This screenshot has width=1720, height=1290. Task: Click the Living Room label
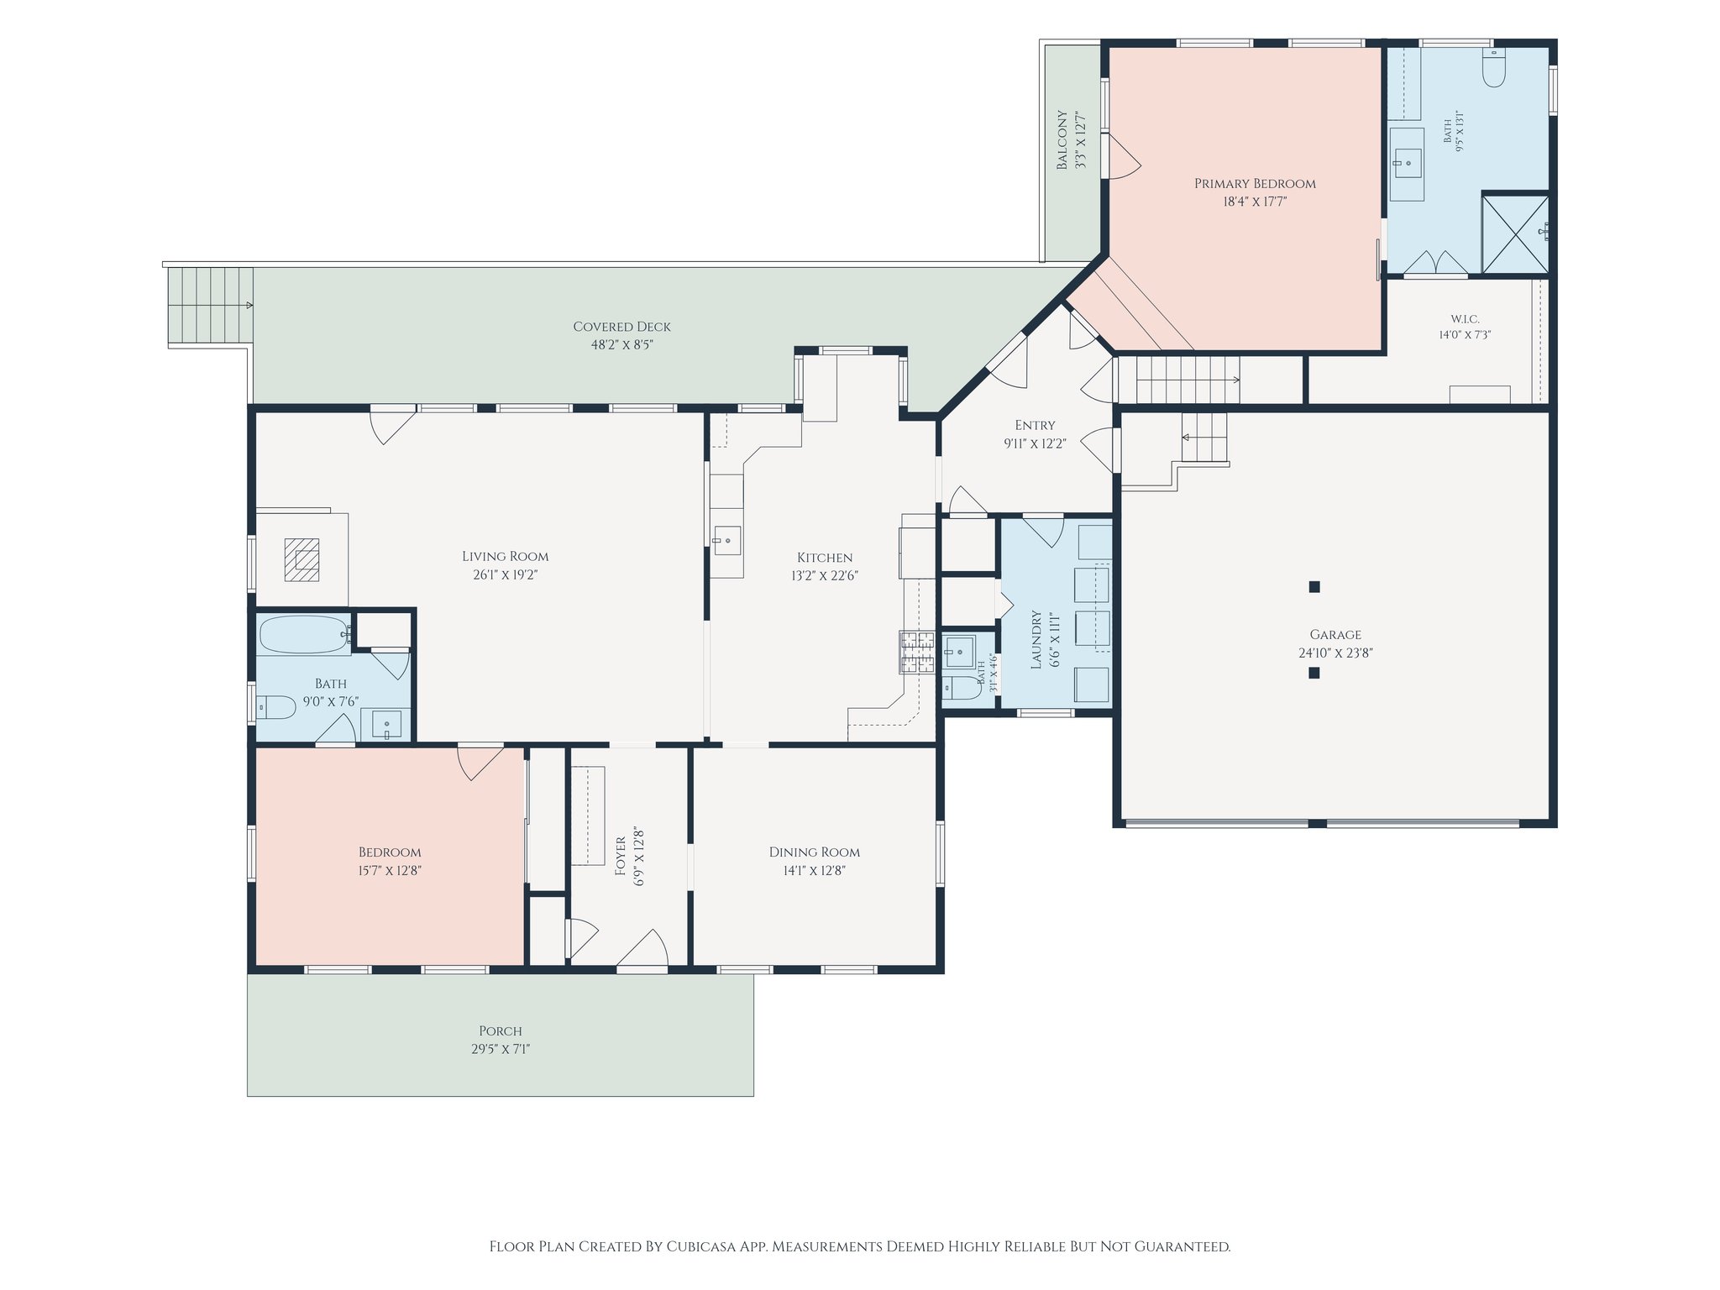click(505, 556)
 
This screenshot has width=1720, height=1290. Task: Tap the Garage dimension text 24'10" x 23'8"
click(1335, 653)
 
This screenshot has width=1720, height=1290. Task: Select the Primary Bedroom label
click(1255, 183)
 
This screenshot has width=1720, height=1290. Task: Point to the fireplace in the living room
click(302, 559)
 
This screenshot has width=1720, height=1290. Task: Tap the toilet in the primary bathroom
click(1493, 68)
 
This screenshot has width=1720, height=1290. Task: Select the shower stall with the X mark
click(1515, 234)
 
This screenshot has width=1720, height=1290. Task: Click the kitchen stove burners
click(917, 652)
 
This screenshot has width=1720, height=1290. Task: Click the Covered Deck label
click(621, 327)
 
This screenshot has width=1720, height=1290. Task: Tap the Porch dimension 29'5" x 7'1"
click(501, 1049)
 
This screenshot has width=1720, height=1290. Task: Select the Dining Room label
click(814, 852)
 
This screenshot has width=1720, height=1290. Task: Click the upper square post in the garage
click(1314, 587)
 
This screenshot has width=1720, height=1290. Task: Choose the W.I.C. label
click(1465, 319)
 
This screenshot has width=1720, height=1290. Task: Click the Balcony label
click(1062, 139)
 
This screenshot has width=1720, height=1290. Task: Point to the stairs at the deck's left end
click(211, 306)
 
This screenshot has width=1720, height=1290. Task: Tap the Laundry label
click(1036, 640)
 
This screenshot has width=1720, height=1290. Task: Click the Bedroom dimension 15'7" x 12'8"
click(389, 871)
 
